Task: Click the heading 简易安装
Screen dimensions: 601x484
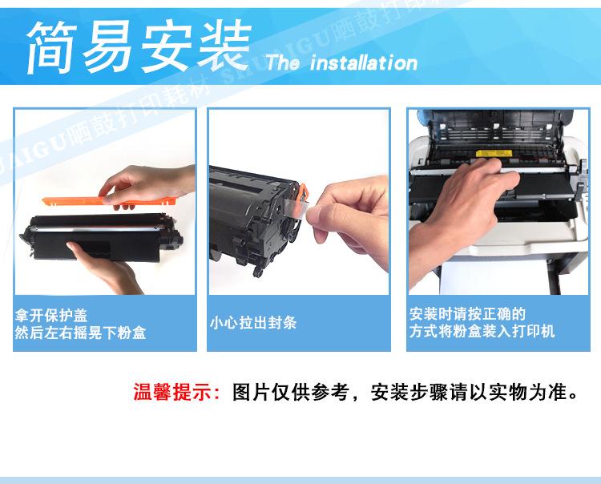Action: (x=139, y=46)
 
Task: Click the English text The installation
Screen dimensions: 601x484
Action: (x=342, y=63)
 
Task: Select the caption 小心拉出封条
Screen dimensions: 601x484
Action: (x=253, y=323)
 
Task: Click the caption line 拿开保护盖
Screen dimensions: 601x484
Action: (x=51, y=316)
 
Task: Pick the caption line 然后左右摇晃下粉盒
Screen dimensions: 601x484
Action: (x=80, y=333)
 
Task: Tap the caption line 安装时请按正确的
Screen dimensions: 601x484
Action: (x=467, y=314)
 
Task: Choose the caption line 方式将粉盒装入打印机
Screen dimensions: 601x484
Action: (x=482, y=331)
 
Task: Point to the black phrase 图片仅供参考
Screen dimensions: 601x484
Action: (x=290, y=392)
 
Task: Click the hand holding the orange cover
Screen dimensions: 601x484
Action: (x=146, y=186)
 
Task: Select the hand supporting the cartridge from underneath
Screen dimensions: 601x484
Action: (x=106, y=268)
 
